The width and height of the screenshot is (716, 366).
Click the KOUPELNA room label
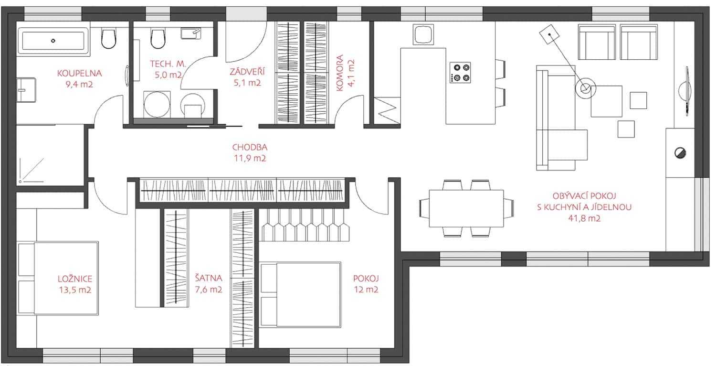coord(80,73)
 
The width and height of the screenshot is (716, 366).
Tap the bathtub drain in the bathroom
coord(53,41)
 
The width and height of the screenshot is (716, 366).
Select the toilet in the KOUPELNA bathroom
coord(108,38)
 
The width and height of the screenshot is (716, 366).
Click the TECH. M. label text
coord(168,64)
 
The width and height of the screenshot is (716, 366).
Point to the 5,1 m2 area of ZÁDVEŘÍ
coord(247,83)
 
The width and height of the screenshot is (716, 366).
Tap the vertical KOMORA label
coord(340,73)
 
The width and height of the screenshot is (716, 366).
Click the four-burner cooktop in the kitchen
coord(460,73)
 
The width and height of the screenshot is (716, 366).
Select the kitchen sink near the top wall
coord(423,34)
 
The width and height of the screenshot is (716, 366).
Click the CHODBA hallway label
coord(250,147)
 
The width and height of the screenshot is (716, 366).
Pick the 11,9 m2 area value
coord(250,158)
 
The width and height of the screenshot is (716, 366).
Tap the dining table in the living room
coord(466,208)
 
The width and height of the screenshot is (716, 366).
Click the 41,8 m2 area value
coord(584,218)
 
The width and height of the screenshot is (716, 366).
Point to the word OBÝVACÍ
coord(568,195)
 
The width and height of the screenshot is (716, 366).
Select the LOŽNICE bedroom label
coord(75,279)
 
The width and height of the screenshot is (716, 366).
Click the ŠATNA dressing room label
coord(209,278)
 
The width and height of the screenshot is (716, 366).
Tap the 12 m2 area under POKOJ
coord(366,290)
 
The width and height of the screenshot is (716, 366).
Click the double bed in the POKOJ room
coord(300,295)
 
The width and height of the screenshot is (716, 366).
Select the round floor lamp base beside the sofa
coord(586,88)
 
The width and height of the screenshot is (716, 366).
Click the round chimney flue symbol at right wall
coord(680,153)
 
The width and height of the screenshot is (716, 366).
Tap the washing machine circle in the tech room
coord(157,105)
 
